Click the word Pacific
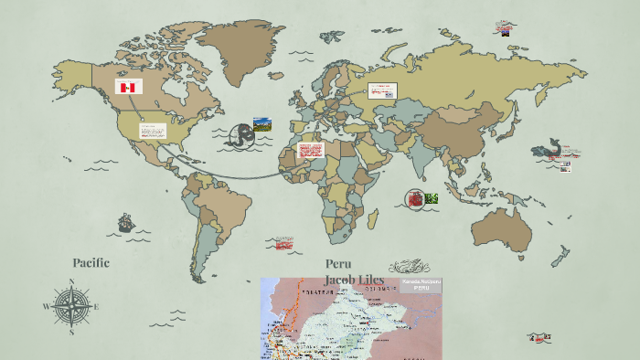pyautogui.click(x=91, y=262)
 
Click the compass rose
pyautogui.click(x=71, y=307)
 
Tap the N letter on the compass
pyautogui.click(x=71, y=281)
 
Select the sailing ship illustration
pyautogui.click(x=125, y=223)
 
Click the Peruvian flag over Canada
pyautogui.click(x=128, y=87)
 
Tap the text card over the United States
pyautogui.click(x=153, y=131)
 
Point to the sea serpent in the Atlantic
pyautogui.click(x=242, y=134)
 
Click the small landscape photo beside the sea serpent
pyautogui.click(x=262, y=123)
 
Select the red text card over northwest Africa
pyautogui.click(x=311, y=150)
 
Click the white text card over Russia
pyautogui.click(x=381, y=90)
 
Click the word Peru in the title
pyautogui.click(x=338, y=263)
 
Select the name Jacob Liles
pyautogui.click(x=354, y=279)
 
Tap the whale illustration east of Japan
pyautogui.click(x=547, y=148)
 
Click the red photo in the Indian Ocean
pyautogui.click(x=416, y=198)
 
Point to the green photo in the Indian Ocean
pyautogui.click(x=431, y=198)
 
